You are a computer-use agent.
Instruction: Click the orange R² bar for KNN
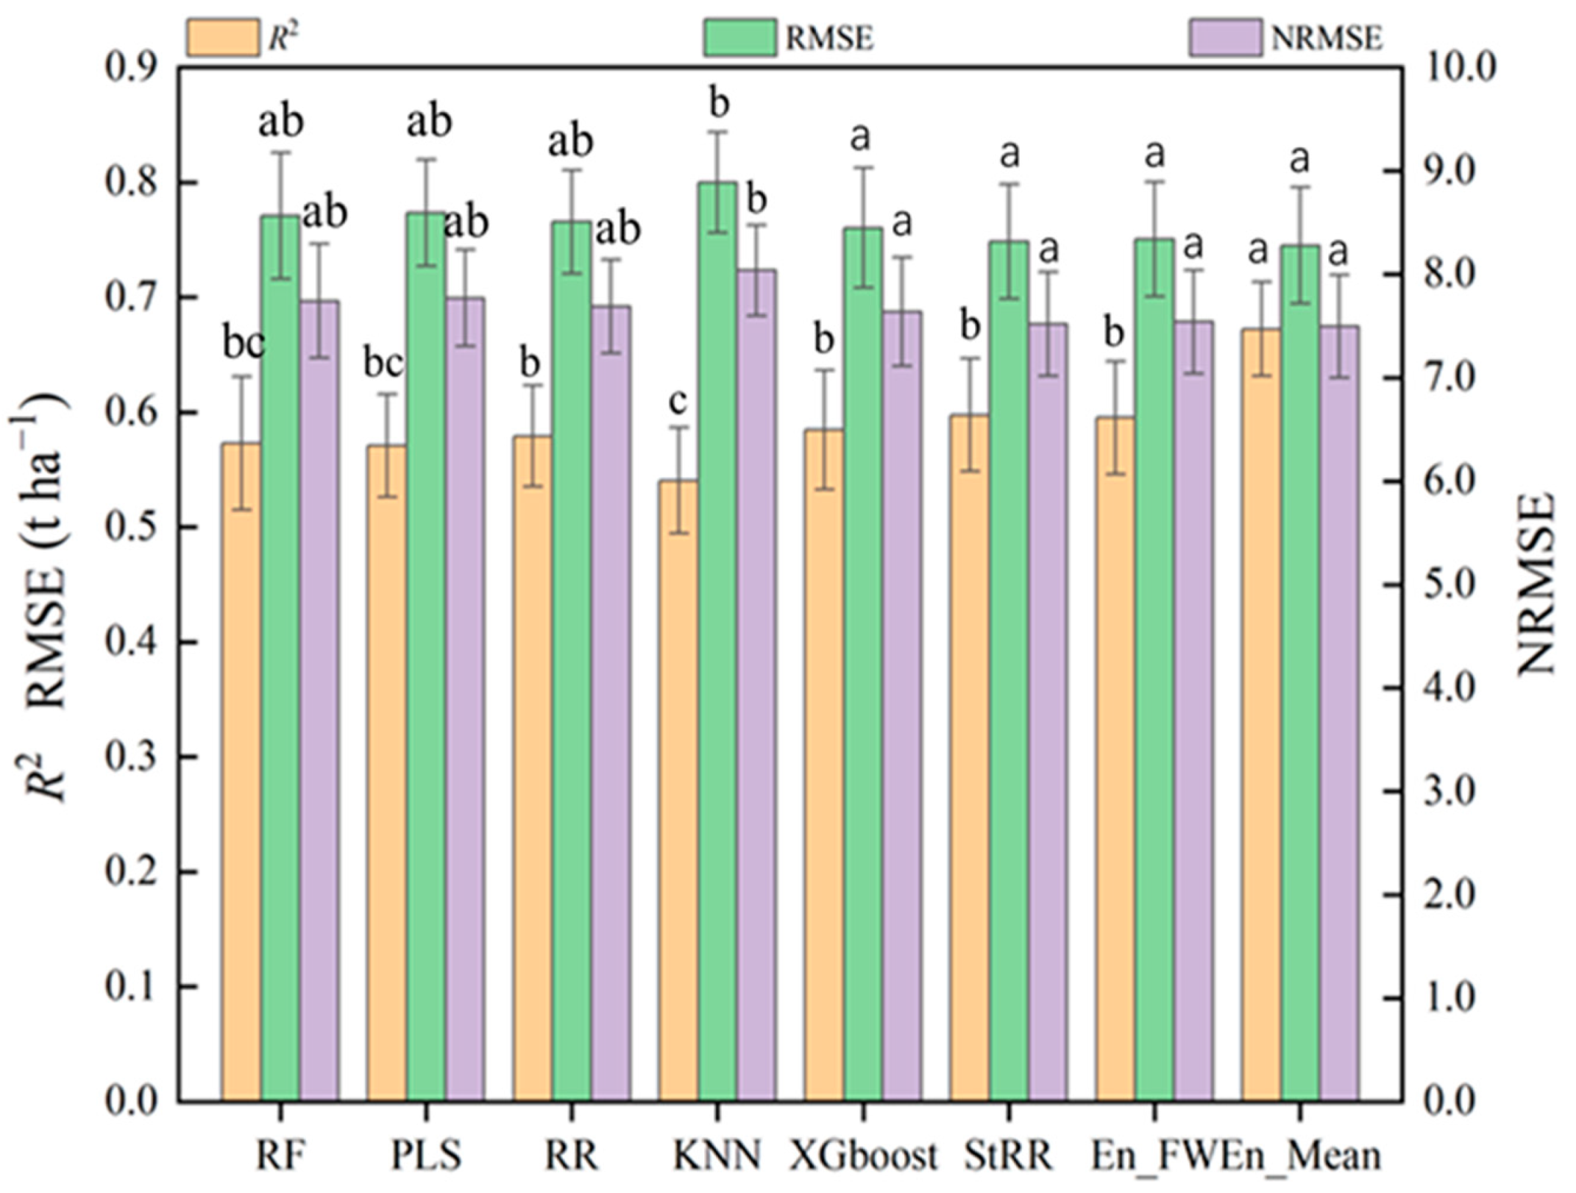click(678, 791)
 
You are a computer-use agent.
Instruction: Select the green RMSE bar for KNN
click(717, 640)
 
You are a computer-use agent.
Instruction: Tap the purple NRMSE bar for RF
click(319, 699)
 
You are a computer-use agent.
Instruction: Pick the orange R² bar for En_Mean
click(1261, 714)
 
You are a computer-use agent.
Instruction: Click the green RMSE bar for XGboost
click(863, 662)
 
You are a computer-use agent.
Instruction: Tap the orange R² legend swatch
click(223, 38)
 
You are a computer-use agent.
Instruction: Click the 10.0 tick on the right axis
click(1460, 68)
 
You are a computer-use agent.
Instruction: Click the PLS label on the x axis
click(426, 1155)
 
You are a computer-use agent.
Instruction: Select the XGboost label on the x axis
click(863, 1155)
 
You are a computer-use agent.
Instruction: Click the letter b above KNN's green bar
click(718, 104)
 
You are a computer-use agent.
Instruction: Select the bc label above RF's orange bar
click(244, 344)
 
